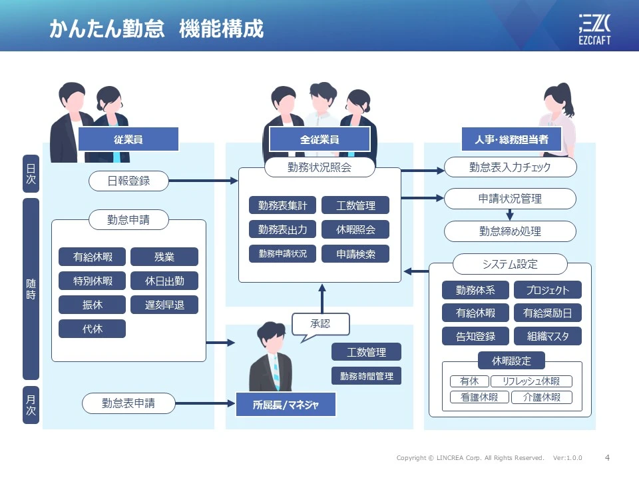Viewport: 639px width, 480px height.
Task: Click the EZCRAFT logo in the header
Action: pyautogui.click(x=594, y=29)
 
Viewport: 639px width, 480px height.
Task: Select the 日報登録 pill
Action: pyautogui.click(x=128, y=181)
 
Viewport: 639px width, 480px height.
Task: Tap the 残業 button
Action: pyautogui.click(x=164, y=257)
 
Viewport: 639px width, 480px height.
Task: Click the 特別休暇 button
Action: pyautogui.click(x=92, y=281)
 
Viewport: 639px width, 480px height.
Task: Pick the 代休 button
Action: pyautogui.click(x=92, y=329)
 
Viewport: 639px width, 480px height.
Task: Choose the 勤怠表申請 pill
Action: pyautogui.click(x=128, y=403)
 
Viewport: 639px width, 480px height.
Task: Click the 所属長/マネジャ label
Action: pyautogui.click(x=286, y=405)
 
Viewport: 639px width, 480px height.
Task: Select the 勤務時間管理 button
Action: pyautogui.click(x=366, y=376)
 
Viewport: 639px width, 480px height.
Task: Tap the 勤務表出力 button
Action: pyautogui.click(x=282, y=229)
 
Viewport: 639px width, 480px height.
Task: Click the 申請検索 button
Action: pyautogui.click(x=355, y=254)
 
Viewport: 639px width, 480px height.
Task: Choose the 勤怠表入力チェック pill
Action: pyautogui.click(x=511, y=167)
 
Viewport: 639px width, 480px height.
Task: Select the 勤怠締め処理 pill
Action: pyautogui.click(x=511, y=231)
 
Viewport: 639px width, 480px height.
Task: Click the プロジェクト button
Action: pyautogui.click(x=547, y=290)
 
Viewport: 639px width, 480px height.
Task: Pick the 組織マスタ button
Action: pyautogui.click(x=547, y=336)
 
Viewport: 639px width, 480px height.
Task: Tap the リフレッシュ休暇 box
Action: pyautogui.click(x=531, y=381)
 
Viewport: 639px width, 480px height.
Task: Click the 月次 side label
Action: pyautogui.click(x=31, y=405)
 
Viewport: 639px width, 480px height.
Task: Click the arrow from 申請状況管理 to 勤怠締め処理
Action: pyautogui.click(x=510, y=215)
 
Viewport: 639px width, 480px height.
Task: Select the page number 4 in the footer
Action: pyautogui.click(x=607, y=457)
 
